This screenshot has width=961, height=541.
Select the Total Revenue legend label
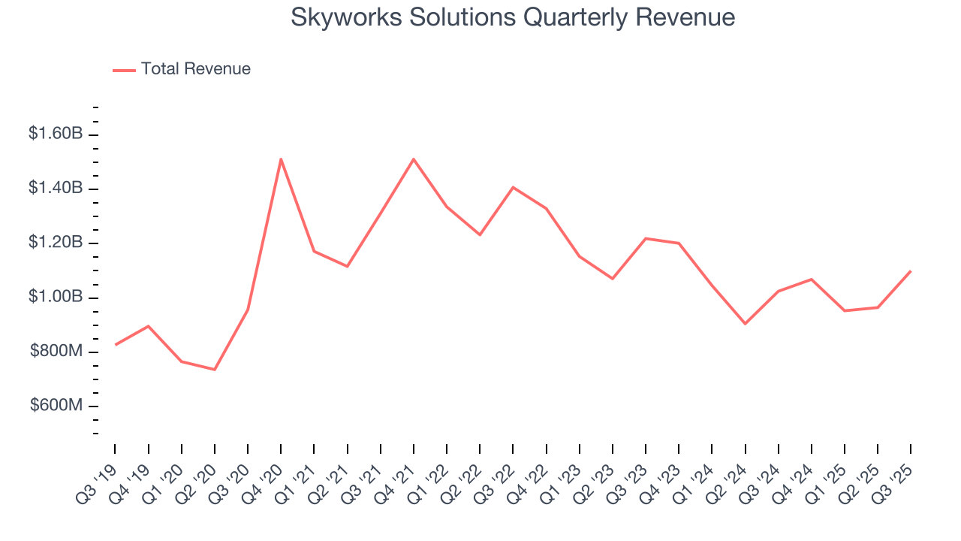click(195, 69)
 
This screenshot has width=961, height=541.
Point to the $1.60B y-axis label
click(55, 134)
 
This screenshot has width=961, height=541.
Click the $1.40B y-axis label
click(55, 188)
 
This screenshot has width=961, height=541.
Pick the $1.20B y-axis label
click(55, 243)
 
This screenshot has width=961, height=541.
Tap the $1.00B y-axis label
click(55, 297)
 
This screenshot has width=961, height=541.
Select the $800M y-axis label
click(56, 351)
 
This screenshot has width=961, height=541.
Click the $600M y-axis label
click(56, 406)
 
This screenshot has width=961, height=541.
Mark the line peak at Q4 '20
click(281, 159)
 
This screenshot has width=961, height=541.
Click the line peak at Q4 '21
click(414, 159)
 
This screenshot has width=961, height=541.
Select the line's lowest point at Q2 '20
click(215, 370)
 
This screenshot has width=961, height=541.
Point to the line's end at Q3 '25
click(911, 270)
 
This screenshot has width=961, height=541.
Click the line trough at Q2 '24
click(745, 324)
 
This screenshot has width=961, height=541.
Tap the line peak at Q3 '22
click(513, 187)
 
